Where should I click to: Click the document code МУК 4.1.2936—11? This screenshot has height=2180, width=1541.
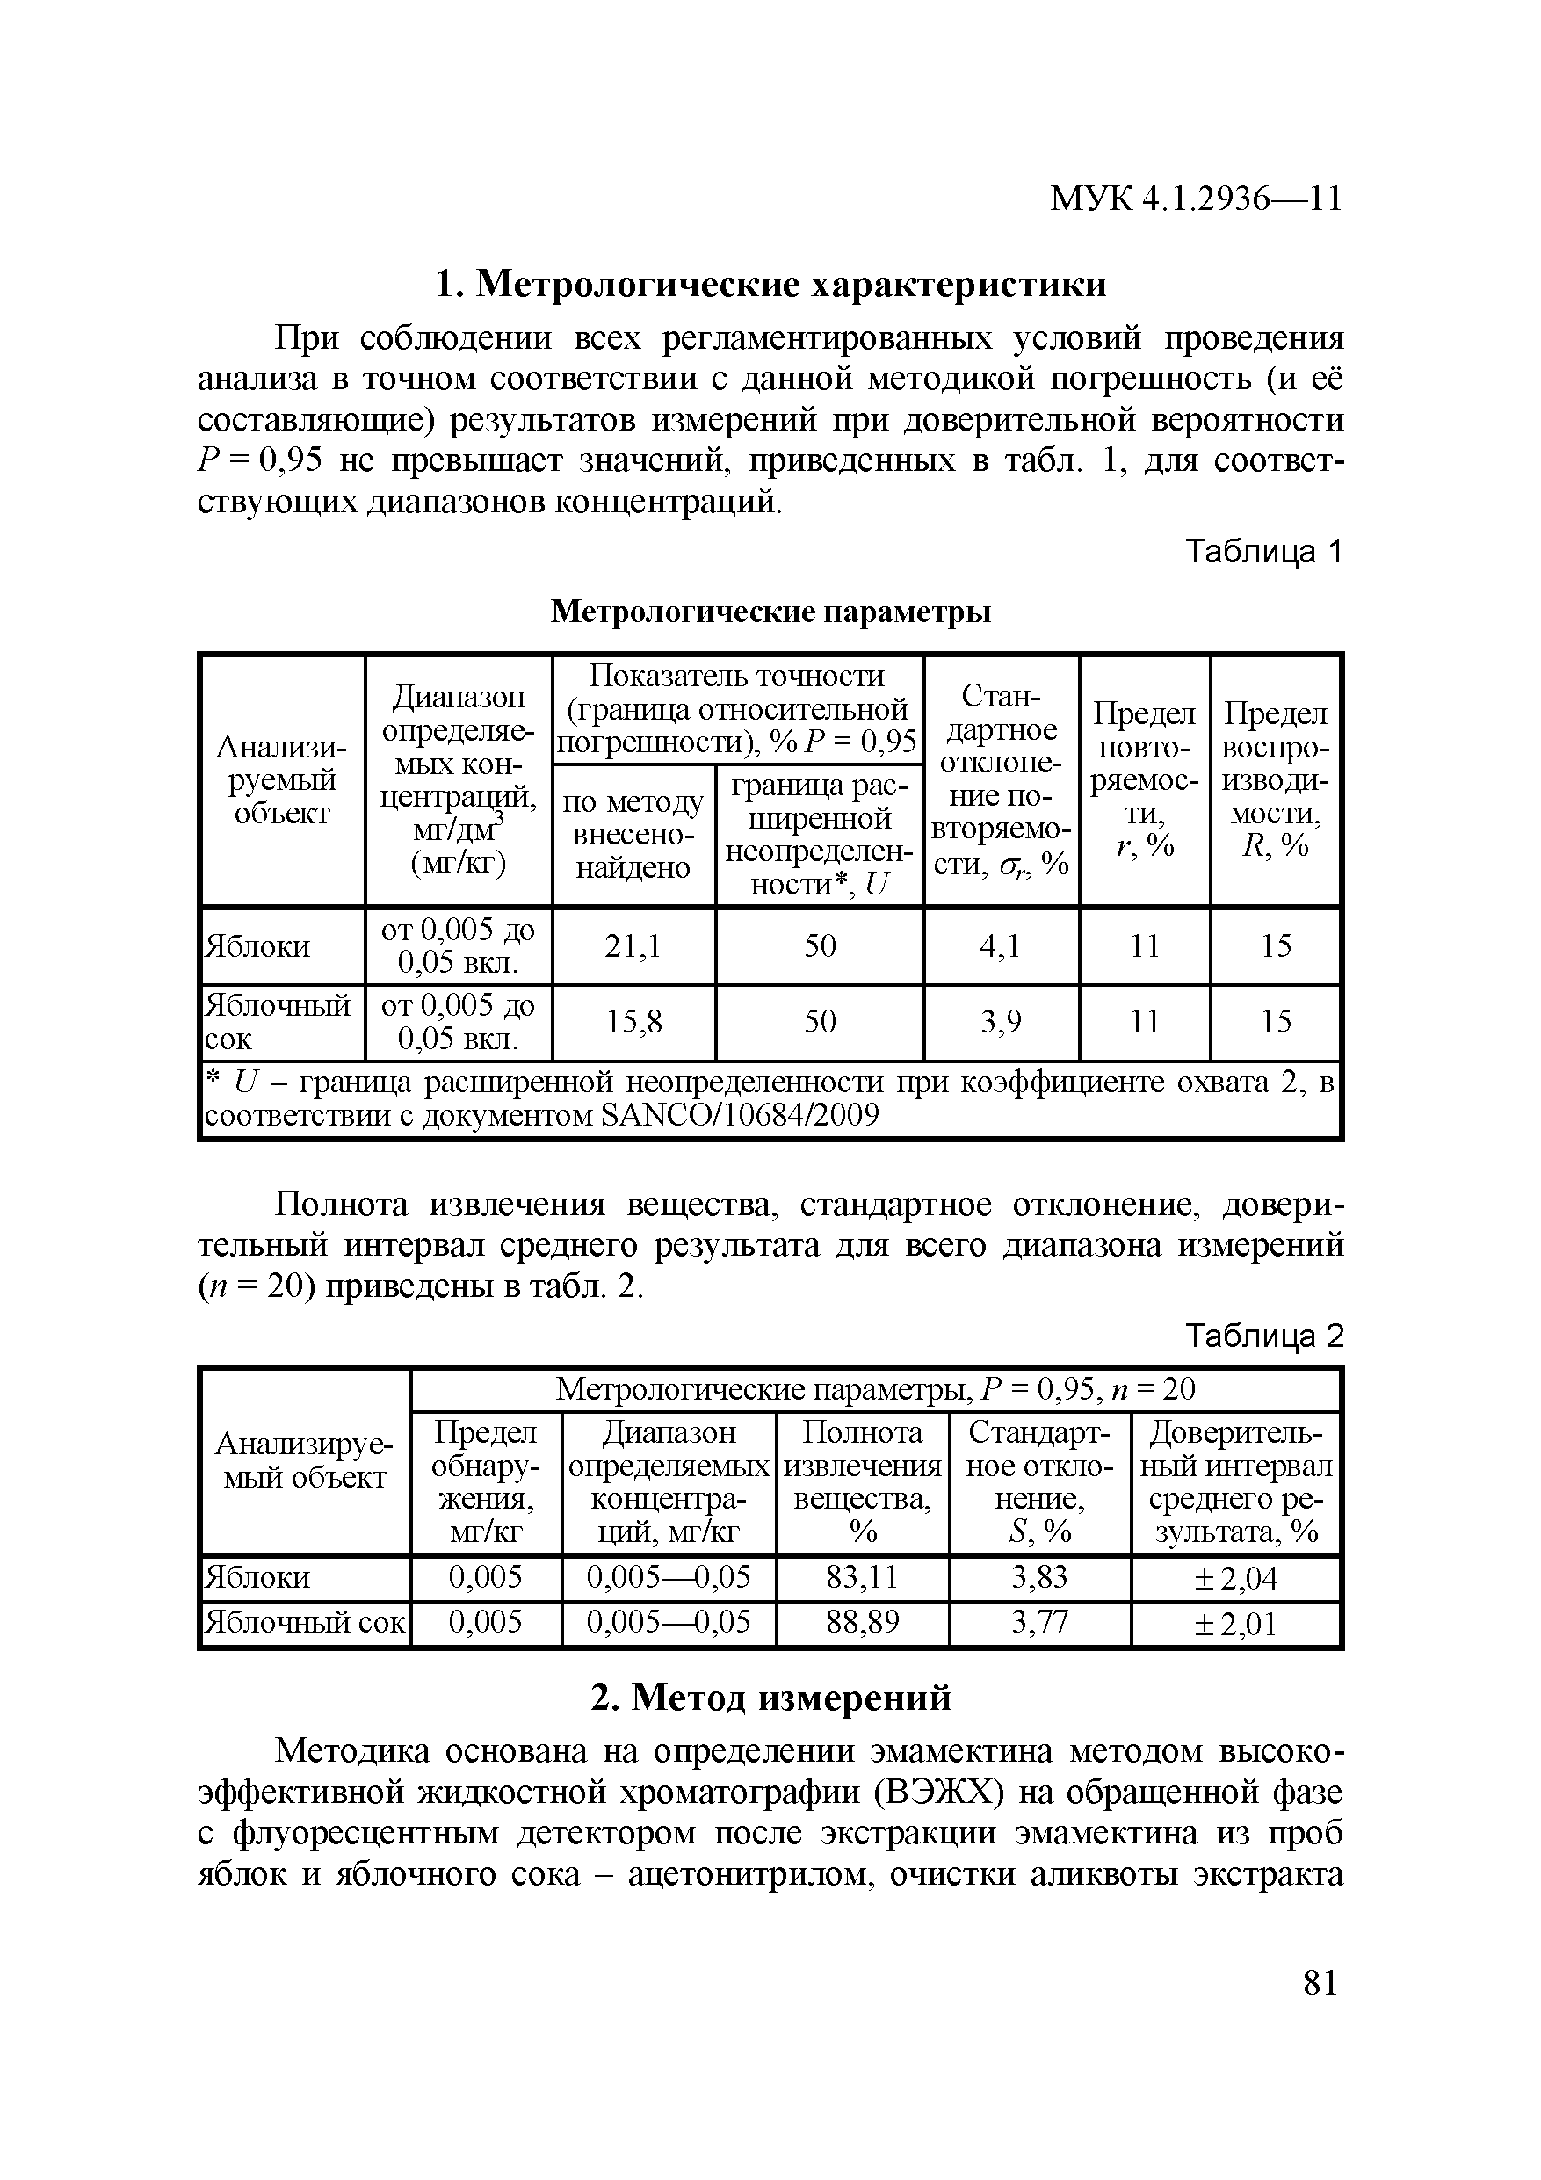click(x=1196, y=199)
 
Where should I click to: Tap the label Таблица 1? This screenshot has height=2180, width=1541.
click(x=1263, y=552)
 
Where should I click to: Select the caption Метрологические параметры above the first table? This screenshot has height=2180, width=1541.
click(x=771, y=612)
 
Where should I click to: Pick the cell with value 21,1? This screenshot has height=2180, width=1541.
click(x=633, y=945)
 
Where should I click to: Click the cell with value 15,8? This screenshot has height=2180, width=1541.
click(x=633, y=1022)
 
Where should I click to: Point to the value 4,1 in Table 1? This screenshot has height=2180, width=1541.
click(x=1000, y=945)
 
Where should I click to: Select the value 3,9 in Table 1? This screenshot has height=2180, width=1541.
click(x=1000, y=1022)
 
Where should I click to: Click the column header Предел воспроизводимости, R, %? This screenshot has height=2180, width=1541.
click(x=1275, y=779)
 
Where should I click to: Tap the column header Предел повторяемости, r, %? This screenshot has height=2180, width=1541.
click(x=1144, y=779)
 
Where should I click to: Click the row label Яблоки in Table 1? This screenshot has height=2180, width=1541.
click(x=258, y=946)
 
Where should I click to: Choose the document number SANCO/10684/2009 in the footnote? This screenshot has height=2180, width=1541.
click(x=740, y=1115)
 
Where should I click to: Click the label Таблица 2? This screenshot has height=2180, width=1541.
click(x=1263, y=1336)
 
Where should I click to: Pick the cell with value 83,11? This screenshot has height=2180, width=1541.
click(x=861, y=1577)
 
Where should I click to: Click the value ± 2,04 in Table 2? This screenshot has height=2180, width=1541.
click(x=1234, y=1579)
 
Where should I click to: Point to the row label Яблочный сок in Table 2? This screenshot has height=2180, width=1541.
click(x=305, y=1622)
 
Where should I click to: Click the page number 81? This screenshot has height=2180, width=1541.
click(x=1320, y=1983)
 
